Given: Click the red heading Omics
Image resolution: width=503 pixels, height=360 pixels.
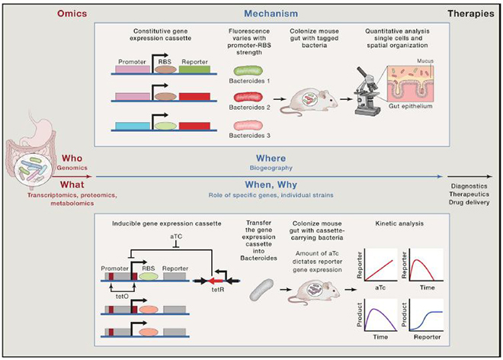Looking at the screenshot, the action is pyautogui.click(x=72, y=14).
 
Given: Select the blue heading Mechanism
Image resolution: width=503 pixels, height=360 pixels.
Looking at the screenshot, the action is pyautogui.click(x=271, y=14).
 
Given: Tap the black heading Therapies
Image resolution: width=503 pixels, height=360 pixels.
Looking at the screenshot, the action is pyautogui.click(x=471, y=14).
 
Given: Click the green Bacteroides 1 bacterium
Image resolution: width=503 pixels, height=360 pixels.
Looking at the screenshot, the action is pyautogui.click(x=248, y=71).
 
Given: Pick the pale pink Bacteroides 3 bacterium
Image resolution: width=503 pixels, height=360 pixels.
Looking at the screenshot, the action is pyautogui.click(x=248, y=125).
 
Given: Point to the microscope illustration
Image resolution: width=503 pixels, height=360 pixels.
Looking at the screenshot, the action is pyautogui.click(x=367, y=92).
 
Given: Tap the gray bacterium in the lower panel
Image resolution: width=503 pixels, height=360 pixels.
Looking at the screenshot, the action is pyautogui.click(x=261, y=290).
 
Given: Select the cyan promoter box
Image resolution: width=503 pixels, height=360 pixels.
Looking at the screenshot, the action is pyautogui.click(x=133, y=126).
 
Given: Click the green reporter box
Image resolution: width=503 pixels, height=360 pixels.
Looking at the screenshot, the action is pyautogui.click(x=194, y=69).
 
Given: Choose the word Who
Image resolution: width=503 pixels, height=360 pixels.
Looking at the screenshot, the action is pyautogui.click(x=72, y=159).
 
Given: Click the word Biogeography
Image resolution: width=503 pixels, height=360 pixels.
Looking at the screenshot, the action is pyautogui.click(x=271, y=168).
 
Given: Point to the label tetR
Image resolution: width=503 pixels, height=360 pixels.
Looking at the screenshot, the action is pyautogui.click(x=218, y=290).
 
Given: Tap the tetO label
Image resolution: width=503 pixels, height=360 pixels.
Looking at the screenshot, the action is pyautogui.click(x=122, y=297).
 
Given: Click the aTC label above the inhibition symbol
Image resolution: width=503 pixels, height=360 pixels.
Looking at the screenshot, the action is pyautogui.click(x=176, y=236).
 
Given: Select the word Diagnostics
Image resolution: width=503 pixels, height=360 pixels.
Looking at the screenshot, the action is pyautogui.click(x=469, y=186).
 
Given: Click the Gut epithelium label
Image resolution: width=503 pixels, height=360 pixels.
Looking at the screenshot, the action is pyautogui.click(x=411, y=106).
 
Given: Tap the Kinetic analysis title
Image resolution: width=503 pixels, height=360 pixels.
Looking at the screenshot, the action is pyautogui.click(x=399, y=223).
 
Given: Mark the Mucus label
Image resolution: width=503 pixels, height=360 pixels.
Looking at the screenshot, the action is pyautogui.click(x=425, y=61).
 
